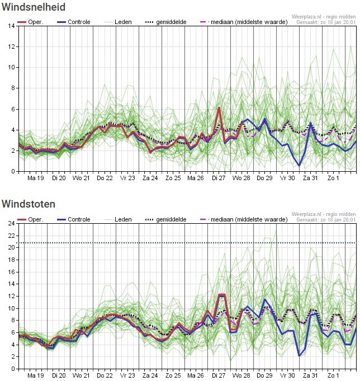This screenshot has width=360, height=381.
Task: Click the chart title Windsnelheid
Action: [x=34, y=7]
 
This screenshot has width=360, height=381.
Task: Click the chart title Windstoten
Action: [x=29, y=204]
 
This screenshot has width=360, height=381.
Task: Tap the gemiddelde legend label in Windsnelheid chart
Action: [x=170, y=22]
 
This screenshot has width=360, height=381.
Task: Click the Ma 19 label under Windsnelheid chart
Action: [x=35, y=178]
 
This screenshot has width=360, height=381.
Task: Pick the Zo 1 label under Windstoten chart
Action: [x=334, y=375]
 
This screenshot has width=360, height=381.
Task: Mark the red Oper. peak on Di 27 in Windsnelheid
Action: [x=219, y=107]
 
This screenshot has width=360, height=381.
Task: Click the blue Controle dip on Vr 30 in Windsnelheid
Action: [x=300, y=165]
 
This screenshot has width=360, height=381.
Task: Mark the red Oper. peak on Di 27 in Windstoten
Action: [x=221, y=295]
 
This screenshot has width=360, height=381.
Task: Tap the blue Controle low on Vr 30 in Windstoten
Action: [x=300, y=355]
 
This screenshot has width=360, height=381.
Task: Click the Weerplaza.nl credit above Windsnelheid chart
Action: [x=324, y=17]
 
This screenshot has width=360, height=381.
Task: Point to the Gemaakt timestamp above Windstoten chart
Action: [x=326, y=220]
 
